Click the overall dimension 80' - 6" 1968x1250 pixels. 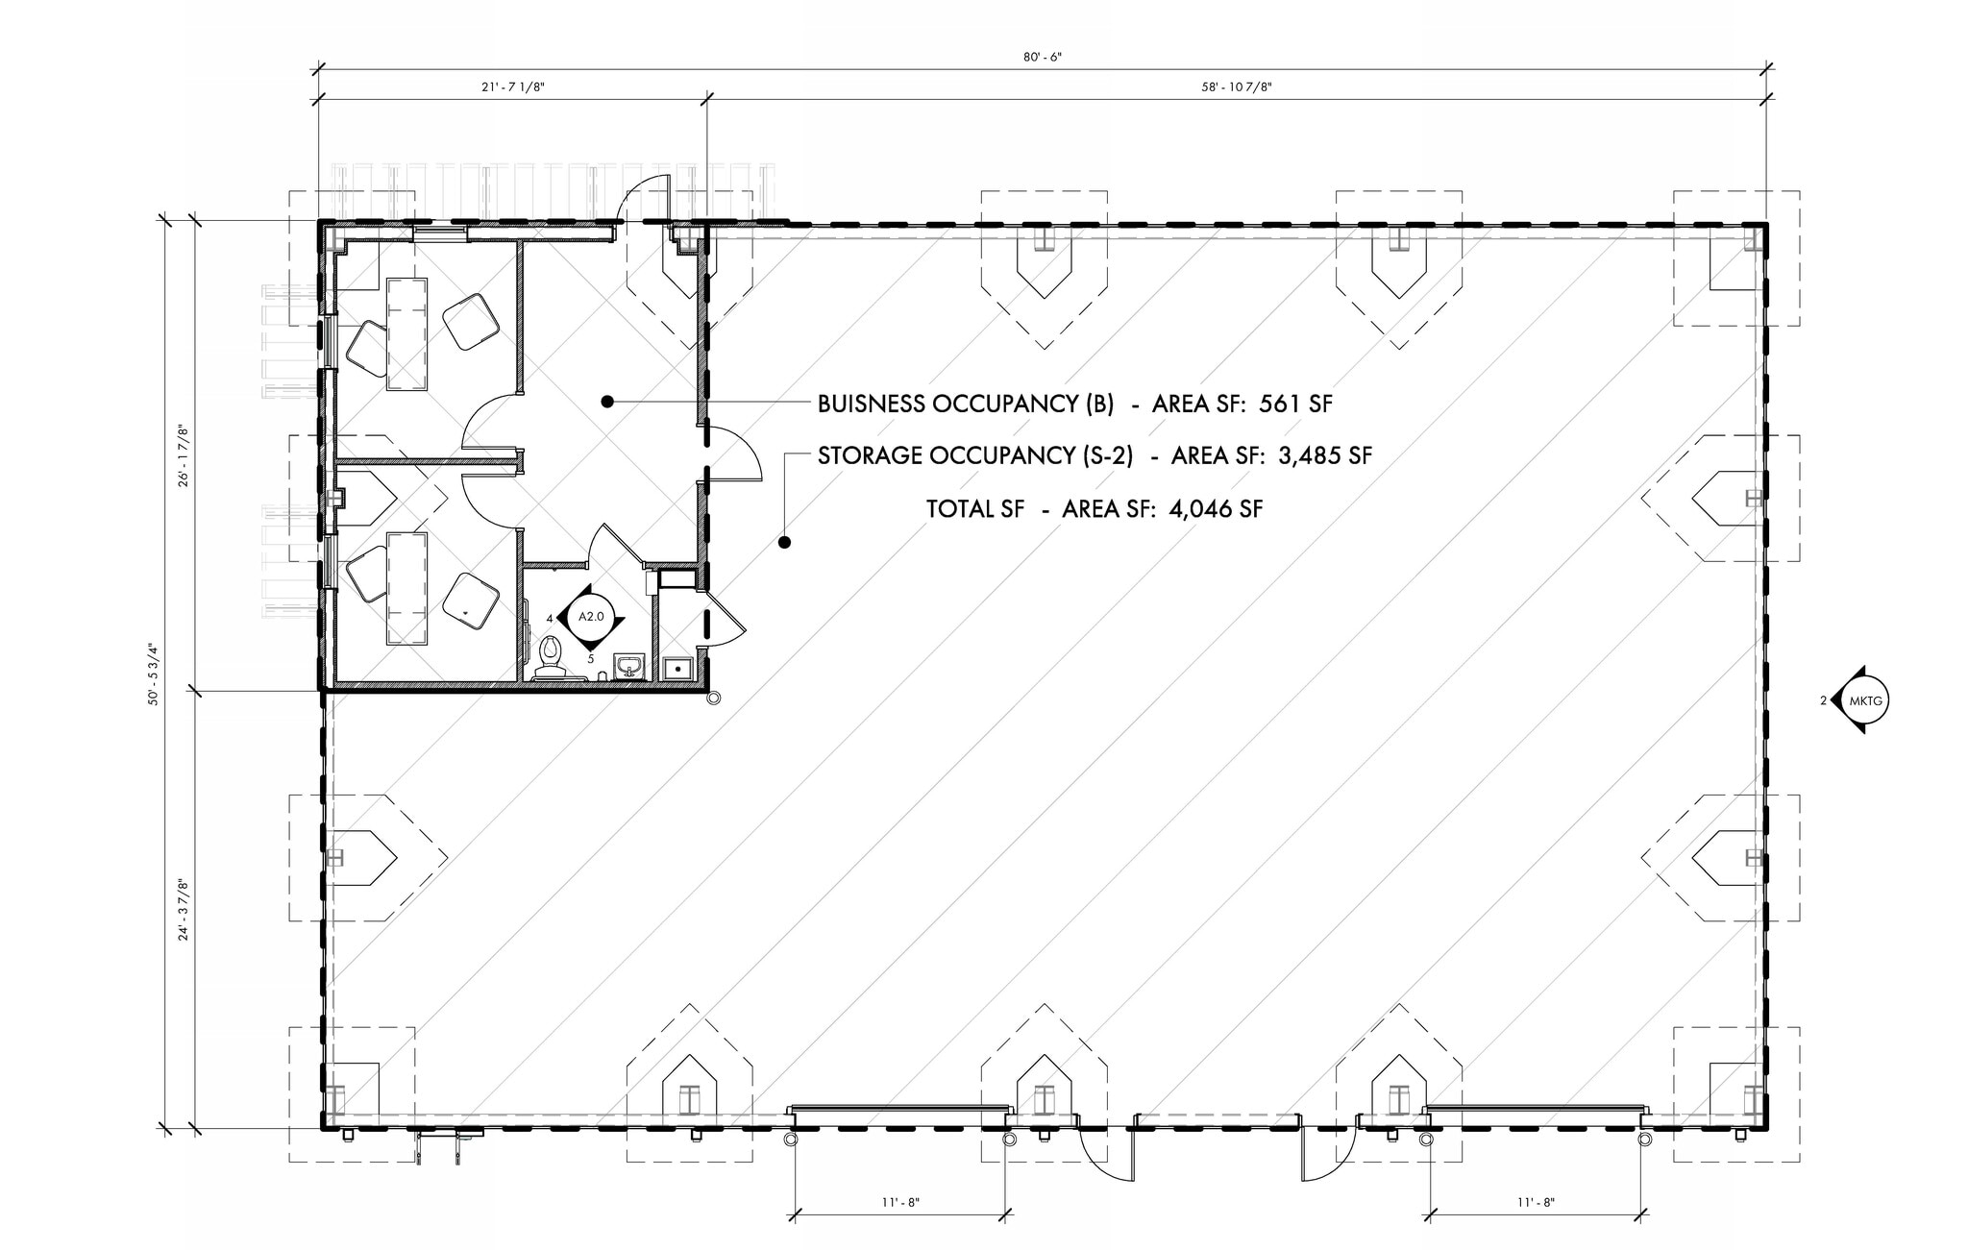point(1042,58)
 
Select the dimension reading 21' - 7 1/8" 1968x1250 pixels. point(513,87)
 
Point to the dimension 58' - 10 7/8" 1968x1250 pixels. point(1236,87)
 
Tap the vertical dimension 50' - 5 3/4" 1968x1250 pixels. point(152,674)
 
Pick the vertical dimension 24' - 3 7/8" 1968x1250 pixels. point(183,909)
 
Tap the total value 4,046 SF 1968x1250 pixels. point(1215,509)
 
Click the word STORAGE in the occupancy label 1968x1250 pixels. point(870,456)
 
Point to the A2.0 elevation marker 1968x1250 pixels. point(591,617)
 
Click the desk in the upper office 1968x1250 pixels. point(406,333)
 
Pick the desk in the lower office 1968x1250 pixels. point(406,588)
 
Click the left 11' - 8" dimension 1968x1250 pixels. point(900,1202)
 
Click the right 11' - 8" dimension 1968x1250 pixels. point(1536,1202)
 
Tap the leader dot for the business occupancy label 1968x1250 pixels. point(607,402)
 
